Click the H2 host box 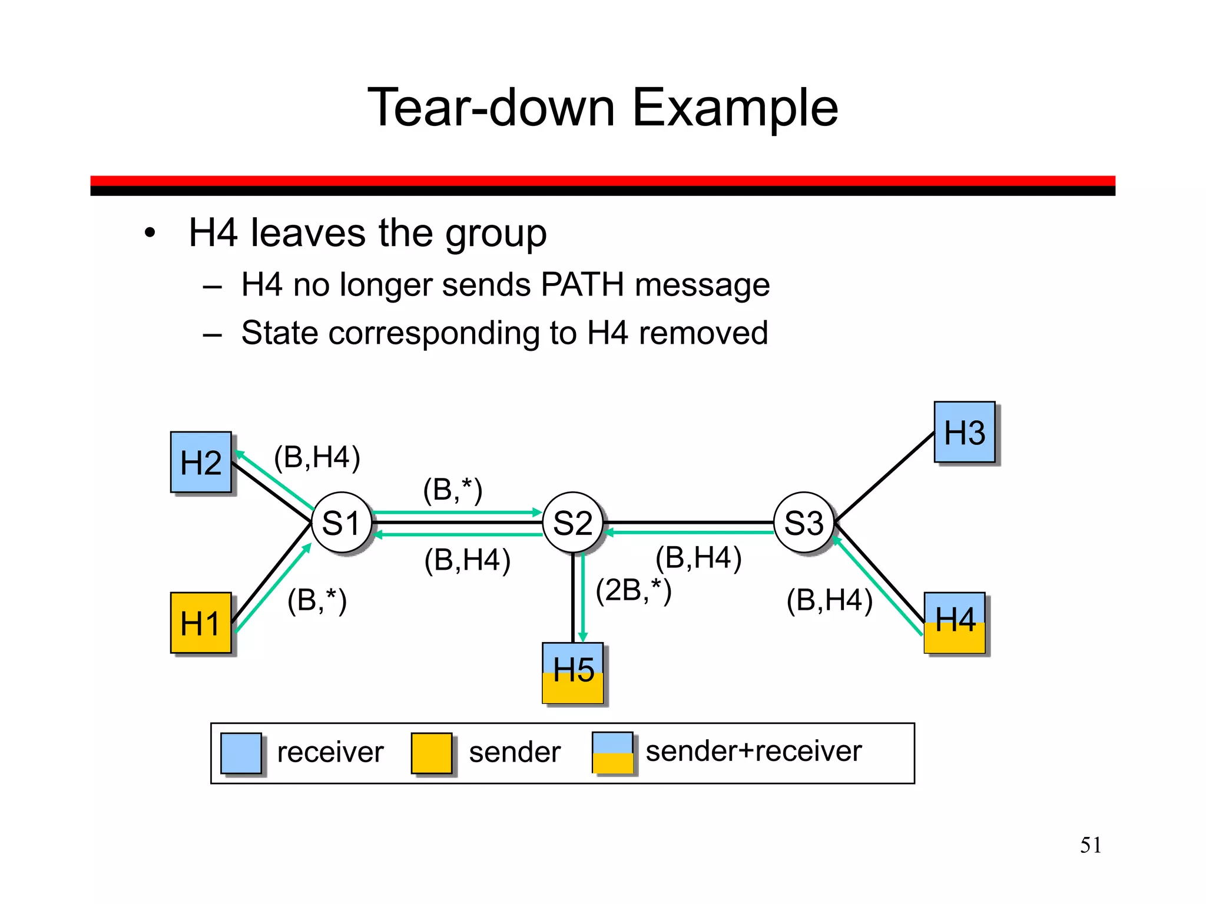(200, 462)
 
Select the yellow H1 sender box (200, 623)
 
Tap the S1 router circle (341, 523)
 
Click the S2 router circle (572, 523)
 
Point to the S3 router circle (804, 523)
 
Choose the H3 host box (964, 432)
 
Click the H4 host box (954, 623)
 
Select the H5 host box (572, 673)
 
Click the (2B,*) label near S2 (634, 590)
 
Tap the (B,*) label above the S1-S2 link (452, 490)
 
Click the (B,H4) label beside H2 (317, 457)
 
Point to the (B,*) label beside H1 (317, 601)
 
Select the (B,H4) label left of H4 (829, 601)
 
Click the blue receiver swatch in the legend (241, 753)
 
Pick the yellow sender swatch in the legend (431, 753)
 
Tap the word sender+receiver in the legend (753, 752)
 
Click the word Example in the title (734, 108)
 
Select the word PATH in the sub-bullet (582, 285)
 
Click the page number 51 (1090, 845)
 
